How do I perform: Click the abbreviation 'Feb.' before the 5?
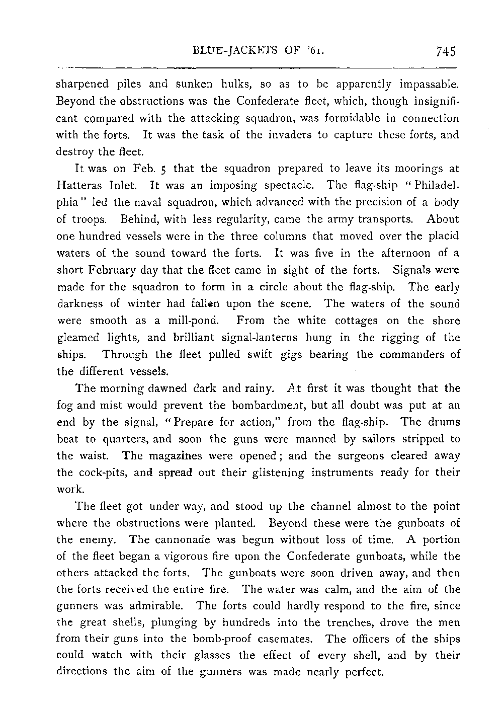(x=136, y=169)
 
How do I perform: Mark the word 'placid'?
(x=444, y=236)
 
